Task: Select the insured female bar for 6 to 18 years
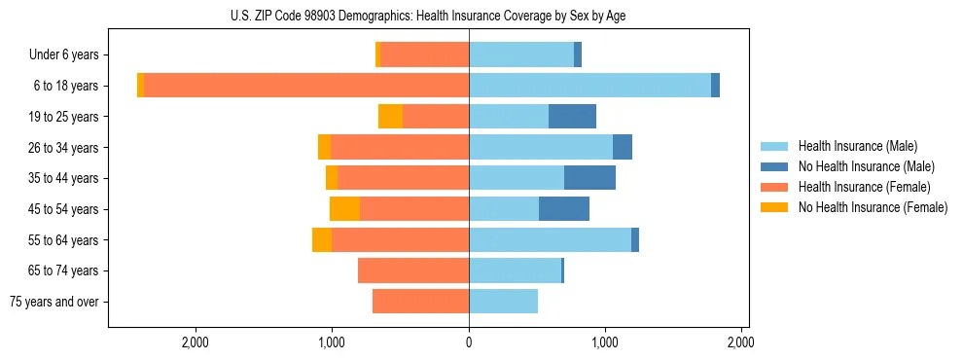tap(306, 86)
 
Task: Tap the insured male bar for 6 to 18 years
tap(589, 86)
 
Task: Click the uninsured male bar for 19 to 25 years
tap(572, 117)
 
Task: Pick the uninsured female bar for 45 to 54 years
tap(344, 209)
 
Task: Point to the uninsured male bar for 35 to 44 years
tap(589, 178)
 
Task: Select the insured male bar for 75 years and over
tap(503, 302)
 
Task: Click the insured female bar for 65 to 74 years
tap(413, 270)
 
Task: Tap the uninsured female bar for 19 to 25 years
tap(390, 117)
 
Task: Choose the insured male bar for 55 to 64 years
tap(550, 240)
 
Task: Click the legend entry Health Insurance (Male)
tap(857, 146)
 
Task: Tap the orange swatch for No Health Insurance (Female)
tap(774, 207)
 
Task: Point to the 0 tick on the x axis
tap(469, 342)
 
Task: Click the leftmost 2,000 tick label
tap(196, 342)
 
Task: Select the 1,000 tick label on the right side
tap(605, 342)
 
